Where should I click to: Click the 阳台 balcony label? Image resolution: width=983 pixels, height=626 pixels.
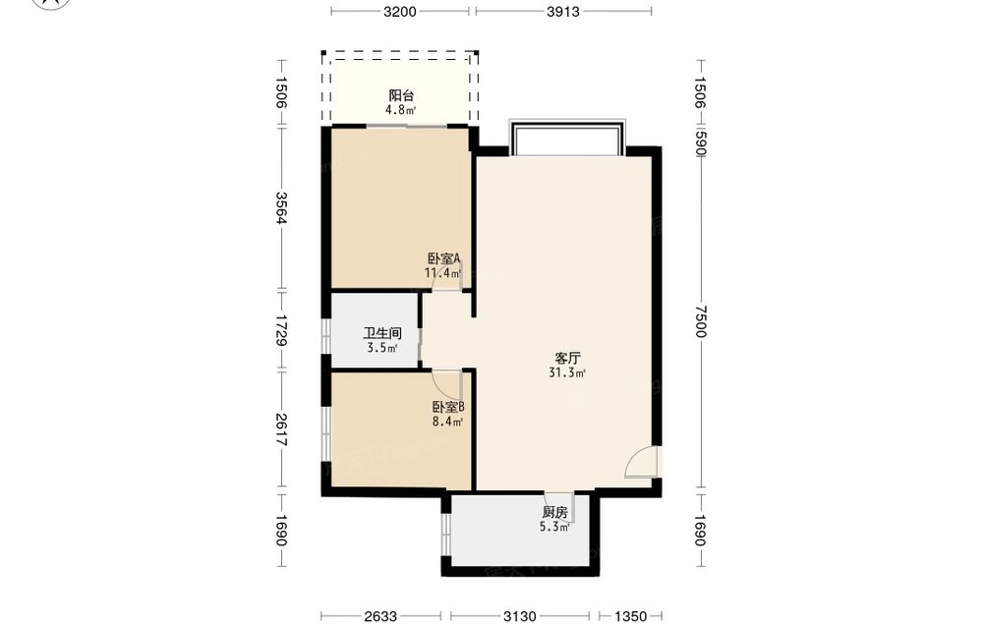401,96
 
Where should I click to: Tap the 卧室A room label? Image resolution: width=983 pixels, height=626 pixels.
444,258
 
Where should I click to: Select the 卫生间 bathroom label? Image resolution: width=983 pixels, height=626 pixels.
381,333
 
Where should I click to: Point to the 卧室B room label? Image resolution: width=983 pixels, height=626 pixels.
448,407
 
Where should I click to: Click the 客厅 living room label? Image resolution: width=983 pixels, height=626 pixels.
567,359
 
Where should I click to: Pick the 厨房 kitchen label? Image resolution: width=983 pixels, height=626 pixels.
554,513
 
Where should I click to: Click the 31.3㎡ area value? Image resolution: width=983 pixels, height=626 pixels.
567,373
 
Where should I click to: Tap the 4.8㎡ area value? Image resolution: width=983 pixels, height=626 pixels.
401,111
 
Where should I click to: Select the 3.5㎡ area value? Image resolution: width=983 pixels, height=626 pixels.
381,349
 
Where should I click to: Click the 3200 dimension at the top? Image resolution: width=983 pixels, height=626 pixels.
400,11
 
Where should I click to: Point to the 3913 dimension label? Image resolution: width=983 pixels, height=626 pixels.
563,11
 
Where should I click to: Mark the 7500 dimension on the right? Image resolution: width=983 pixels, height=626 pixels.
700,320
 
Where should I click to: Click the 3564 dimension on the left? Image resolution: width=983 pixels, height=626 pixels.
281,207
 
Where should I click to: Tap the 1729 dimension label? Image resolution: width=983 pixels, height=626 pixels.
281,330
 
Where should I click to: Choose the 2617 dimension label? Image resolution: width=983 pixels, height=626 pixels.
281,429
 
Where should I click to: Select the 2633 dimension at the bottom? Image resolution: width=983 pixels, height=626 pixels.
380,616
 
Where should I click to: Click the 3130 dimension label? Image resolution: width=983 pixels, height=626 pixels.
520,616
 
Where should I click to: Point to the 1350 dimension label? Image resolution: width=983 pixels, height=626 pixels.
630,616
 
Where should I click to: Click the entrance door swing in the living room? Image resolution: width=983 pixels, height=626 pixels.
641,463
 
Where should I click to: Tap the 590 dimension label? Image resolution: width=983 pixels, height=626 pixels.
700,143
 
